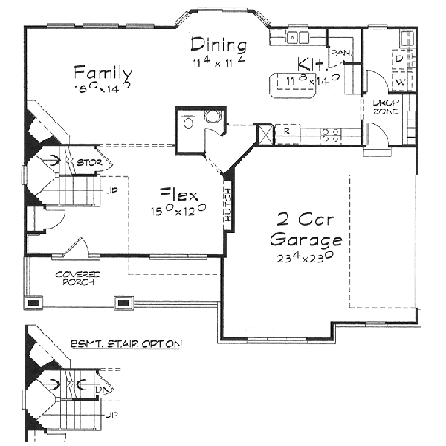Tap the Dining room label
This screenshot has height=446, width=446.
pyautogui.click(x=218, y=44)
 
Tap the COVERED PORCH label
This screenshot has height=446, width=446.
pyautogui.click(x=78, y=279)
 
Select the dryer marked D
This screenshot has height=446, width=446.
pyautogui.click(x=399, y=57)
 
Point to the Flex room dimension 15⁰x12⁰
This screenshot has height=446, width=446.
pyautogui.click(x=178, y=210)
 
